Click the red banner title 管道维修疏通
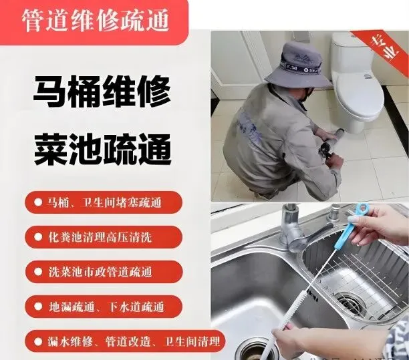click(x=95, y=21)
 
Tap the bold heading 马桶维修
click(x=102, y=92)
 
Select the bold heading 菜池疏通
click(x=102, y=149)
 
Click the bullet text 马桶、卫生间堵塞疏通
click(x=104, y=202)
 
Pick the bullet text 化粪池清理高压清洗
click(x=100, y=237)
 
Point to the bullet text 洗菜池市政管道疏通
click(x=100, y=272)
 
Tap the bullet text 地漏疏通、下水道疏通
click(x=106, y=307)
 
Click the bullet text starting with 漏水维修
click(x=134, y=341)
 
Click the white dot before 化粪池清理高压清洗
click(x=38, y=237)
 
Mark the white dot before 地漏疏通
click(x=38, y=307)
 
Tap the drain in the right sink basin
click(x=350, y=303)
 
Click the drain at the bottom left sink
click(x=255, y=351)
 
